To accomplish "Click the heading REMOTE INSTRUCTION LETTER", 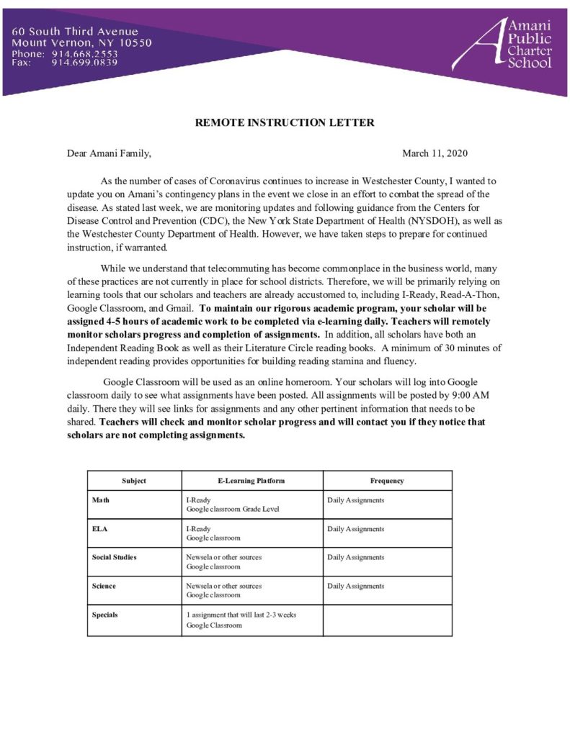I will click(285, 122).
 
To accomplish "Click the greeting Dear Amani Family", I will click(109, 153).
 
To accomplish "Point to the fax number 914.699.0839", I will click(84, 63).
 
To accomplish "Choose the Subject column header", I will click(134, 481).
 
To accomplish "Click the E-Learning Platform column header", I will click(251, 481).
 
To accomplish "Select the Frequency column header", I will click(387, 481).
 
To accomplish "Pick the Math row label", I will click(100, 499).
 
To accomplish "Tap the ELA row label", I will click(99, 528).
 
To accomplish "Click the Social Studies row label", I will click(114, 557).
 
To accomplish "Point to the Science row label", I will click(104, 586).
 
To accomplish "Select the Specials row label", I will click(105, 615).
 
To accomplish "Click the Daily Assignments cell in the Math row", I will click(356, 499).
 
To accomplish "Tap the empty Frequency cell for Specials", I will click(387, 620).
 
